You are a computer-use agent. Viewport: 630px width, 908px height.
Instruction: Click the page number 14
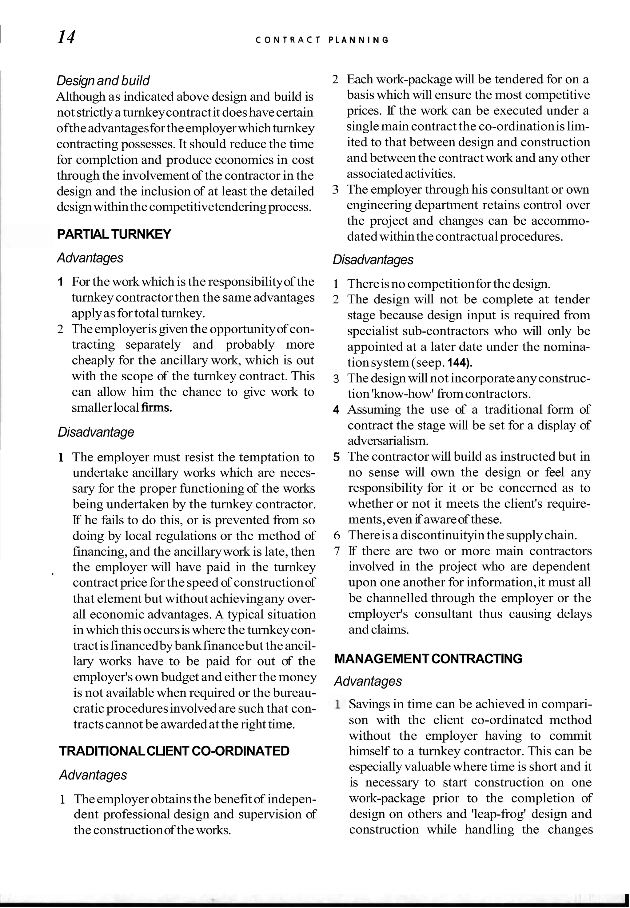66,38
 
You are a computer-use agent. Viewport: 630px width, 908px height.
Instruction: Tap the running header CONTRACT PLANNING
322,40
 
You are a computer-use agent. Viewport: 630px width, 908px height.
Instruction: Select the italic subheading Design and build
103,81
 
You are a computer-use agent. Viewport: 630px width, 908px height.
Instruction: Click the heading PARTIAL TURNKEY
114,234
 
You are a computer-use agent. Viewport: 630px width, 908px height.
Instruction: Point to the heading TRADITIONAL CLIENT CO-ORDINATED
174,751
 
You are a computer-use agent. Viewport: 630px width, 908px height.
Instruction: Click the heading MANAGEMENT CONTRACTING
428,659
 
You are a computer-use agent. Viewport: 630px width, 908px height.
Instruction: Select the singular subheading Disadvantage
96,432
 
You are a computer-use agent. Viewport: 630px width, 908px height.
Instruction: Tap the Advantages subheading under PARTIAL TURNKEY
90,258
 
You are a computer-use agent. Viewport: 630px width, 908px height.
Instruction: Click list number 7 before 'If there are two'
337,551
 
